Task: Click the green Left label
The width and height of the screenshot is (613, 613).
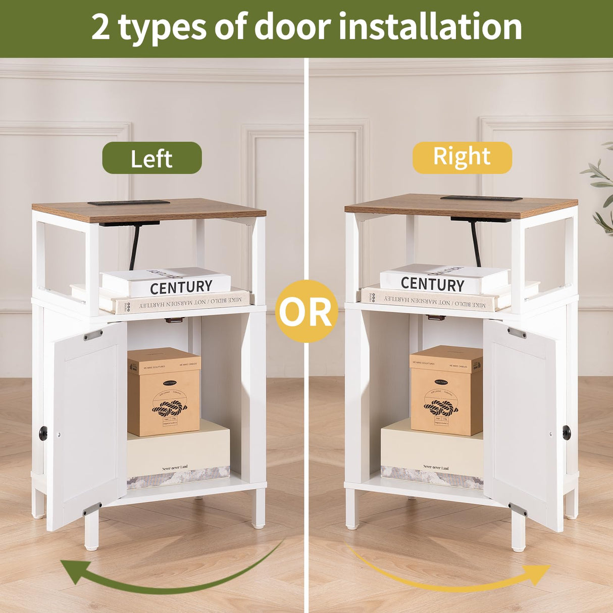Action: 151,158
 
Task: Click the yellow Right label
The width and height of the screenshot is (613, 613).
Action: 462,157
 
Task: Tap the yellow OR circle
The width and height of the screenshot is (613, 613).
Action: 306,312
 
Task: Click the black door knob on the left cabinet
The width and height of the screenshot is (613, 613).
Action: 43,432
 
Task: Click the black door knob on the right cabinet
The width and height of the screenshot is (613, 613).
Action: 567,432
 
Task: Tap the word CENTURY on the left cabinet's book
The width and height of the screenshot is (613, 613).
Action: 181,287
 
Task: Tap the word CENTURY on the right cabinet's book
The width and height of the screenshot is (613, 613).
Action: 432,284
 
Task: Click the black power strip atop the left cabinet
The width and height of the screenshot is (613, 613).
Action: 129,202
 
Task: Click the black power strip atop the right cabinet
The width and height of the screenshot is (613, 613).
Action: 481,198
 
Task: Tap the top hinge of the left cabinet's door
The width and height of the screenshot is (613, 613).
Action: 93,335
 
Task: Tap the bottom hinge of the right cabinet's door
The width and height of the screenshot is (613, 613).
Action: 518,509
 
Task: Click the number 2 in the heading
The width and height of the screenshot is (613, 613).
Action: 100,27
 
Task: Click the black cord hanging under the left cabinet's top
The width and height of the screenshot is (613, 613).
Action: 134,247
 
